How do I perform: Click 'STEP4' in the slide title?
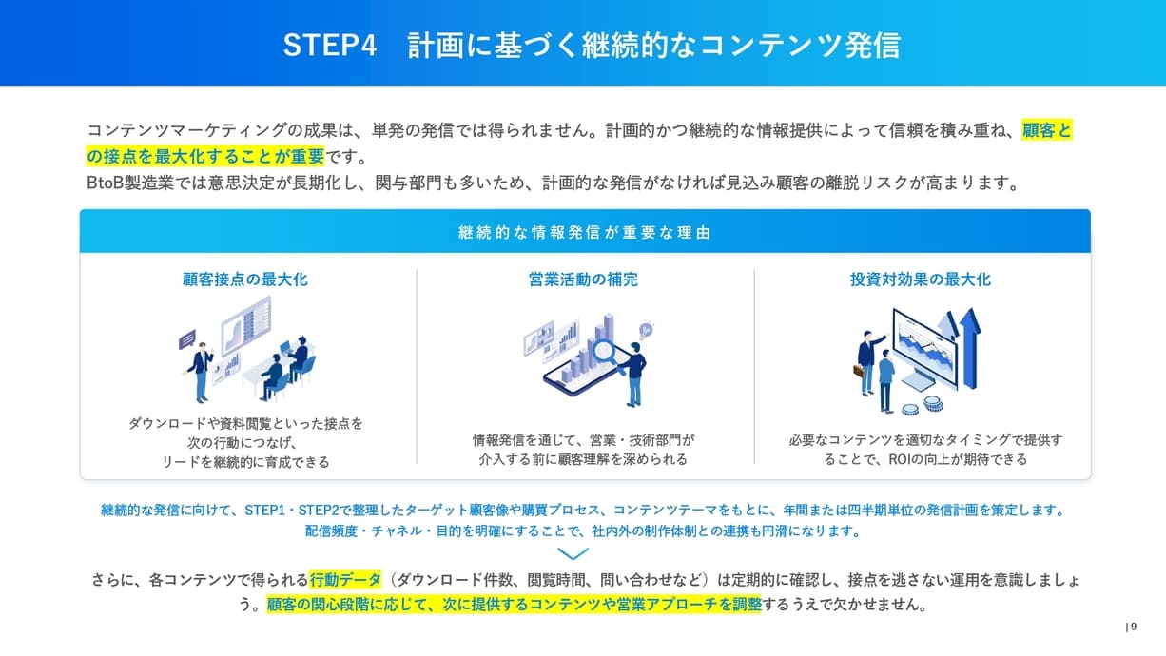(x=330, y=45)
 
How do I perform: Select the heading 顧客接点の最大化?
(x=245, y=280)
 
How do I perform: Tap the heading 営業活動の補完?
(x=583, y=280)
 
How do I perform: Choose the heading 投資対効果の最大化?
(x=921, y=280)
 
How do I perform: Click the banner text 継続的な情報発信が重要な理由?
(x=584, y=232)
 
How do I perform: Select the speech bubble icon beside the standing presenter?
(x=186, y=337)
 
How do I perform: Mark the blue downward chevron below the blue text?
(x=573, y=553)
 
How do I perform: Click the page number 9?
(x=1133, y=626)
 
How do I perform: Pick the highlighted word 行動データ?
(x=345, y=580)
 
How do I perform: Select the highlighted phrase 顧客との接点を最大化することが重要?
(x=204, y=156)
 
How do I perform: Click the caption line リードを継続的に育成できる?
(x=245, y=462)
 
